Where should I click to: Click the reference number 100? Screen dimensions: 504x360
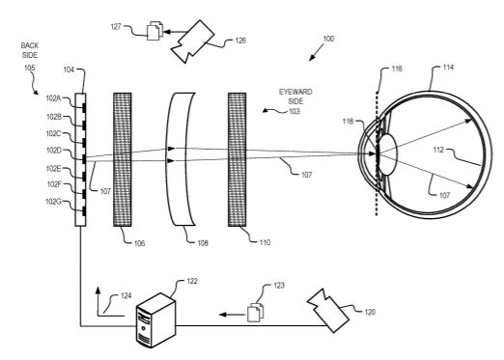click(x=328, y=39)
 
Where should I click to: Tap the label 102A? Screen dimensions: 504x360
click(x=53, y=98)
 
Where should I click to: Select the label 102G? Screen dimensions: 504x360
click(x=53, y=202)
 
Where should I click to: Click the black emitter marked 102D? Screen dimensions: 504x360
click(x=84, y=159)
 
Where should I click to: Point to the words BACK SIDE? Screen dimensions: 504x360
click(x=30, y=50)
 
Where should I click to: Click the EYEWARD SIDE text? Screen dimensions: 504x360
click(x=295, y=97)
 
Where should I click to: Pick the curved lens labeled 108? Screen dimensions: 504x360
click(x=182, y=159)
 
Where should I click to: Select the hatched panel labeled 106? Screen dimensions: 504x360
click(x=123, y=159)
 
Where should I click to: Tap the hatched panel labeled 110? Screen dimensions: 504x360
click(x=238, y=159)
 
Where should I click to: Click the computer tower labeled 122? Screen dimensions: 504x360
click(x=156, y=320)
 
